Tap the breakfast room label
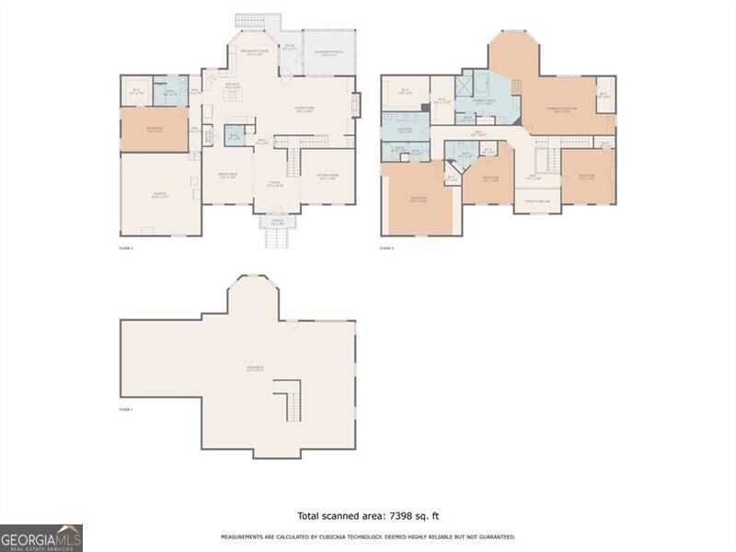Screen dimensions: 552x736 (254, 52)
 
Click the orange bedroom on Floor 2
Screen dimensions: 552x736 (154, 130)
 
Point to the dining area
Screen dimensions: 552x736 (227, 176)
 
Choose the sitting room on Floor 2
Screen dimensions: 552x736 (328, 177)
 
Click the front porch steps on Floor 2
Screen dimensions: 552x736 (277, 238)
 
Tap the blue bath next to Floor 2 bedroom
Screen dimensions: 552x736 (170, 91)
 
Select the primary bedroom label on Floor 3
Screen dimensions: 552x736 (561, 109)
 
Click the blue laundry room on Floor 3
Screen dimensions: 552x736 (406, 128)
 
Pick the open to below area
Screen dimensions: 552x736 (536, 201)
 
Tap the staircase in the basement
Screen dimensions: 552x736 (289, 398)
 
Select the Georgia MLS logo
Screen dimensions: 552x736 (41, 537)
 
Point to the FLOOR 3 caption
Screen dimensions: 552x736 (386, 248)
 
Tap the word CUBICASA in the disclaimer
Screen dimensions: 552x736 (343, 536)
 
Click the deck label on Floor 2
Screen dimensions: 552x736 (289, 45)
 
